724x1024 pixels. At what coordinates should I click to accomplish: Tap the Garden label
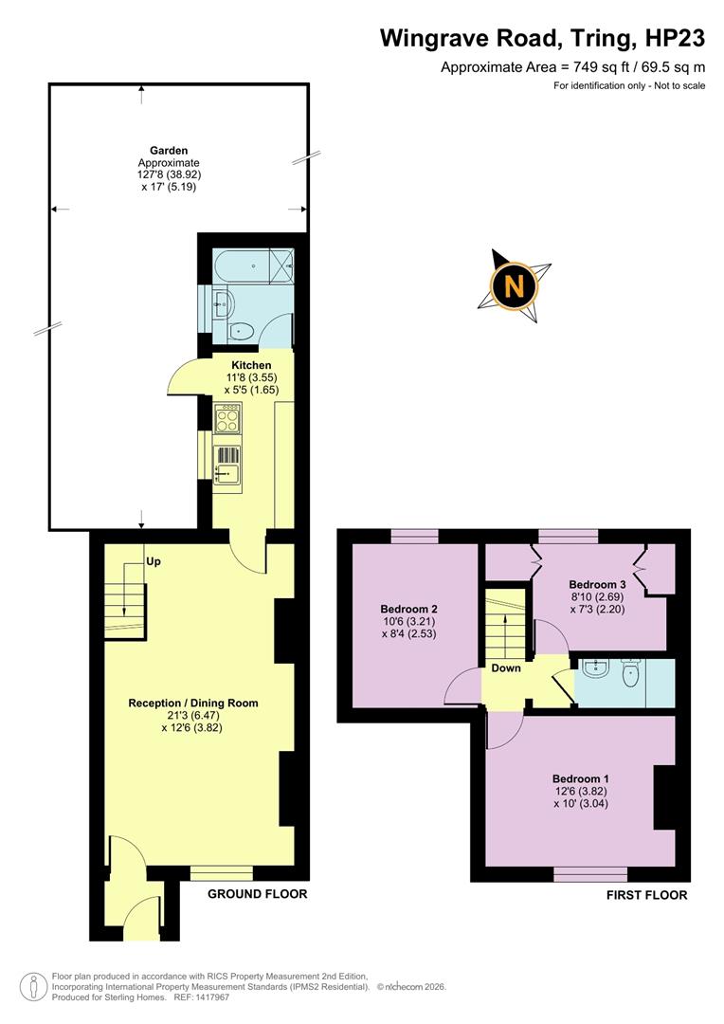point(169,151)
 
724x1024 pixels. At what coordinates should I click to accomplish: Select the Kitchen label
point(251,365)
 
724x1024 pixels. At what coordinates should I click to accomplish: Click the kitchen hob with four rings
point(228,418)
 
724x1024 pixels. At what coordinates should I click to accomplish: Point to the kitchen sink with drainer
point(228,465)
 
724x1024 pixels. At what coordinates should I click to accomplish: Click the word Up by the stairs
point(154,561)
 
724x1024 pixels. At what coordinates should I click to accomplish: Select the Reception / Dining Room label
point(193,704)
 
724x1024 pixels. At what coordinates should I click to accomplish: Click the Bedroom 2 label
point(408,609)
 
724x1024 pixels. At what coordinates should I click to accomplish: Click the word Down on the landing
point(507,667)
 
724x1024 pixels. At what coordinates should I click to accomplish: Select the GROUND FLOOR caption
point(257,894)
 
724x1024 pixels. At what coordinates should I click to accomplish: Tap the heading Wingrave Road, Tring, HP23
point(543,38)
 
